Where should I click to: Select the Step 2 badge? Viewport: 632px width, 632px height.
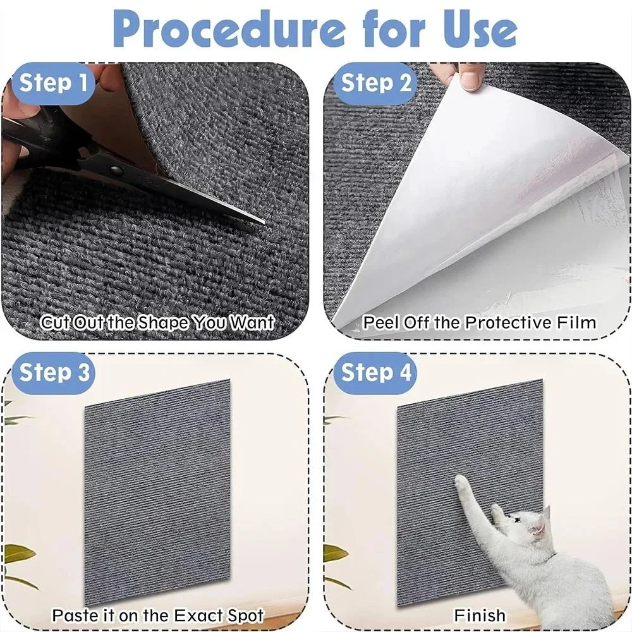[x=377, y=83]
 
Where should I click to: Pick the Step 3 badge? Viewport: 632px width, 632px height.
[x=54, y=372]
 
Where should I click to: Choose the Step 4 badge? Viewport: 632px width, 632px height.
[x=377, y=372]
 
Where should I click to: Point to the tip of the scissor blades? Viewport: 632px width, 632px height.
[x=263, y=222]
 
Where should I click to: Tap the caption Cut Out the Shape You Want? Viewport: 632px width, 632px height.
[x=157, y=322]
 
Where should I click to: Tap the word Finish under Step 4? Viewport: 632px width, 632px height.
[x=480, y=614]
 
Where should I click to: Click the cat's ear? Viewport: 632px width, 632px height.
[x=544, y=513]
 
